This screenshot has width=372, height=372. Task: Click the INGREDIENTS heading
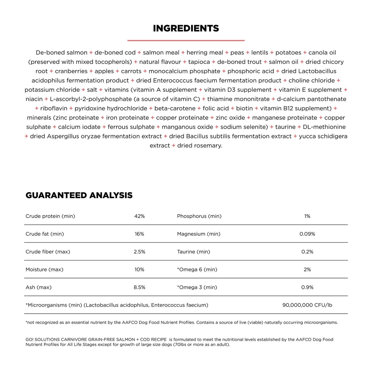click(186, 28)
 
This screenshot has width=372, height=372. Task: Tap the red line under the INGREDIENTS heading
click(186, 40)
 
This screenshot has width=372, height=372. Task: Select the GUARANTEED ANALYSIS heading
click(79, 195)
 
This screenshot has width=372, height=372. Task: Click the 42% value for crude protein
click(139, 216)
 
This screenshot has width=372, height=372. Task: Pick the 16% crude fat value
click(139, 234)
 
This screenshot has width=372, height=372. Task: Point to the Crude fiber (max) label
click(48, 252)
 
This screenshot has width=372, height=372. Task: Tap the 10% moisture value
click(139, 270)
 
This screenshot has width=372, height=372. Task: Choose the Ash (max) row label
click(38, 287)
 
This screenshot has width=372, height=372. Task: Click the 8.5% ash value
click(139, 287)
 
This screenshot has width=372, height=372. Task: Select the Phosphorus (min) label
click(199, 216)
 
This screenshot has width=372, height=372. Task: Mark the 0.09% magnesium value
click(307, 234)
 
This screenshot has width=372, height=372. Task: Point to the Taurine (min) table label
click(193, 252)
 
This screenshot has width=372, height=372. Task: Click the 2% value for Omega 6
click(307, 270)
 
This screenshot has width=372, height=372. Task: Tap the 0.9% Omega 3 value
click(307, 287)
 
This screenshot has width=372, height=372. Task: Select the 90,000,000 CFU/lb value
click(307, 305)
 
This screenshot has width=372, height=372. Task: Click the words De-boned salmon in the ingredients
click(61, 53)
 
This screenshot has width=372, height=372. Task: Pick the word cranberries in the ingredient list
click(71, 71)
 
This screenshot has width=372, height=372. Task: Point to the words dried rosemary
click(199, 146)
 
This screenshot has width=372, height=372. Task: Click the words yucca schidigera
click(323, 136)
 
